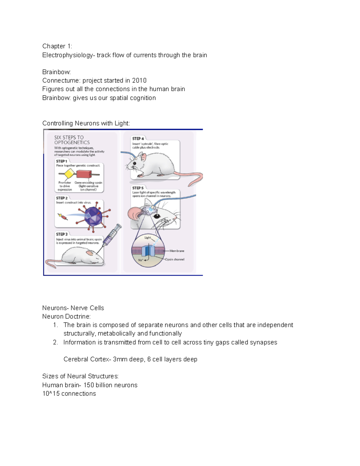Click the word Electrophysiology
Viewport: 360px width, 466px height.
[x=67, y=55]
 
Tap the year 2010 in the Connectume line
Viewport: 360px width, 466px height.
[x=139, y=80]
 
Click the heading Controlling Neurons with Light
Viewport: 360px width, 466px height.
[x=86, y=123]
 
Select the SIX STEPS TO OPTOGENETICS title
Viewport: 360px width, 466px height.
[x=72, y=140]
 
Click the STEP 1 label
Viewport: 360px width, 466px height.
[x=61, y=161]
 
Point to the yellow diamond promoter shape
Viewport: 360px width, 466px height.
[x=69, y=174]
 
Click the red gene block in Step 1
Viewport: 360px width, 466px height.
[x=84, y=174]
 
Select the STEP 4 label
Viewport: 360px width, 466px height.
[x=138, y=139]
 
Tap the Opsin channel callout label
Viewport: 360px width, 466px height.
[x=175, y=259]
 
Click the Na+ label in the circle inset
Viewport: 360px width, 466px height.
[x=140, y=260]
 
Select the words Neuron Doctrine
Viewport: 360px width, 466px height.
[x=66, y=317]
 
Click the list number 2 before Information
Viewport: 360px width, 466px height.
[x=55, y=342]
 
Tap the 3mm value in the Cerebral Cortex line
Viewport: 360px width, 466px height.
[x=120, y=359]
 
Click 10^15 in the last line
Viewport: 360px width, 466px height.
[x=51, y=394]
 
